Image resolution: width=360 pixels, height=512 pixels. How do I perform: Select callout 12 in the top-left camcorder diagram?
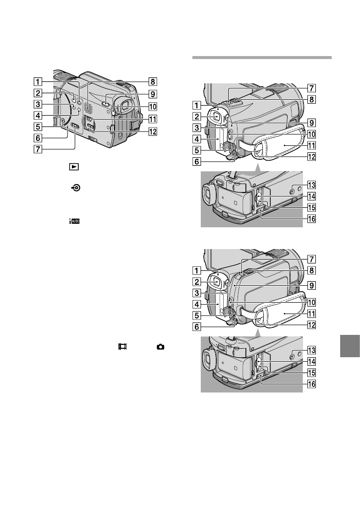coord(154,131)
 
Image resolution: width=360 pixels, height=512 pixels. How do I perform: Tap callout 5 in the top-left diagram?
coord(38,126)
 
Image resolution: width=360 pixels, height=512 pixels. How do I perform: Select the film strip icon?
coord(120,348)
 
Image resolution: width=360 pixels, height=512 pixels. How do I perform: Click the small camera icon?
coord(161,348)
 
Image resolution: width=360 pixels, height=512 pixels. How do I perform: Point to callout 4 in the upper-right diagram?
coord(198,139)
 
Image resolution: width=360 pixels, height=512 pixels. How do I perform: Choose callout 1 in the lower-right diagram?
coord(198,271)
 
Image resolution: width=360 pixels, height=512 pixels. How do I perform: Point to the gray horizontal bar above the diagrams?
coord(261,58)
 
